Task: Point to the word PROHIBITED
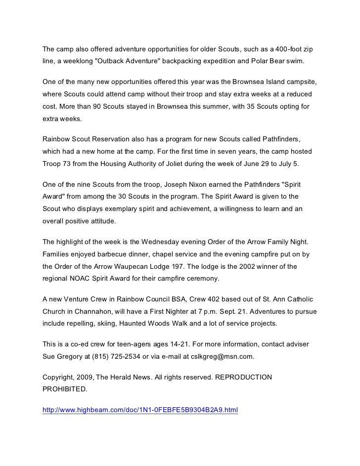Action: tap(64, 389)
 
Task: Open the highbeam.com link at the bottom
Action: tap(140, 410)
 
